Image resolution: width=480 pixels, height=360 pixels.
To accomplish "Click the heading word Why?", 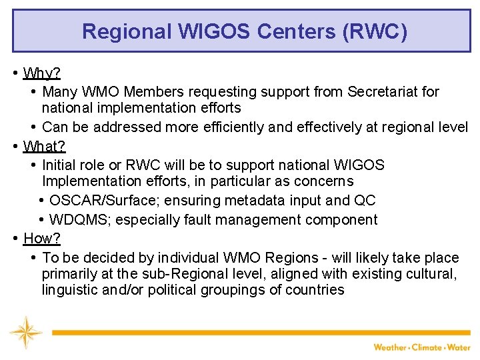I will click(x=42, y=73).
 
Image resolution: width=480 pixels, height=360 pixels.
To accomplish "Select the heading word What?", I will click(x=44, y=145).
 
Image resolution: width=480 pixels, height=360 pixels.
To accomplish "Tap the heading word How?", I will click(x=42, y=238).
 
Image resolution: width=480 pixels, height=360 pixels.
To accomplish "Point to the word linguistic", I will click(x=70, y=290).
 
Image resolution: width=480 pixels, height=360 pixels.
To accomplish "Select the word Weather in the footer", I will click(x=390, y=347).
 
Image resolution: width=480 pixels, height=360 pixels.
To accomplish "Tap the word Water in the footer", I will click(x=459, y=347).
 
